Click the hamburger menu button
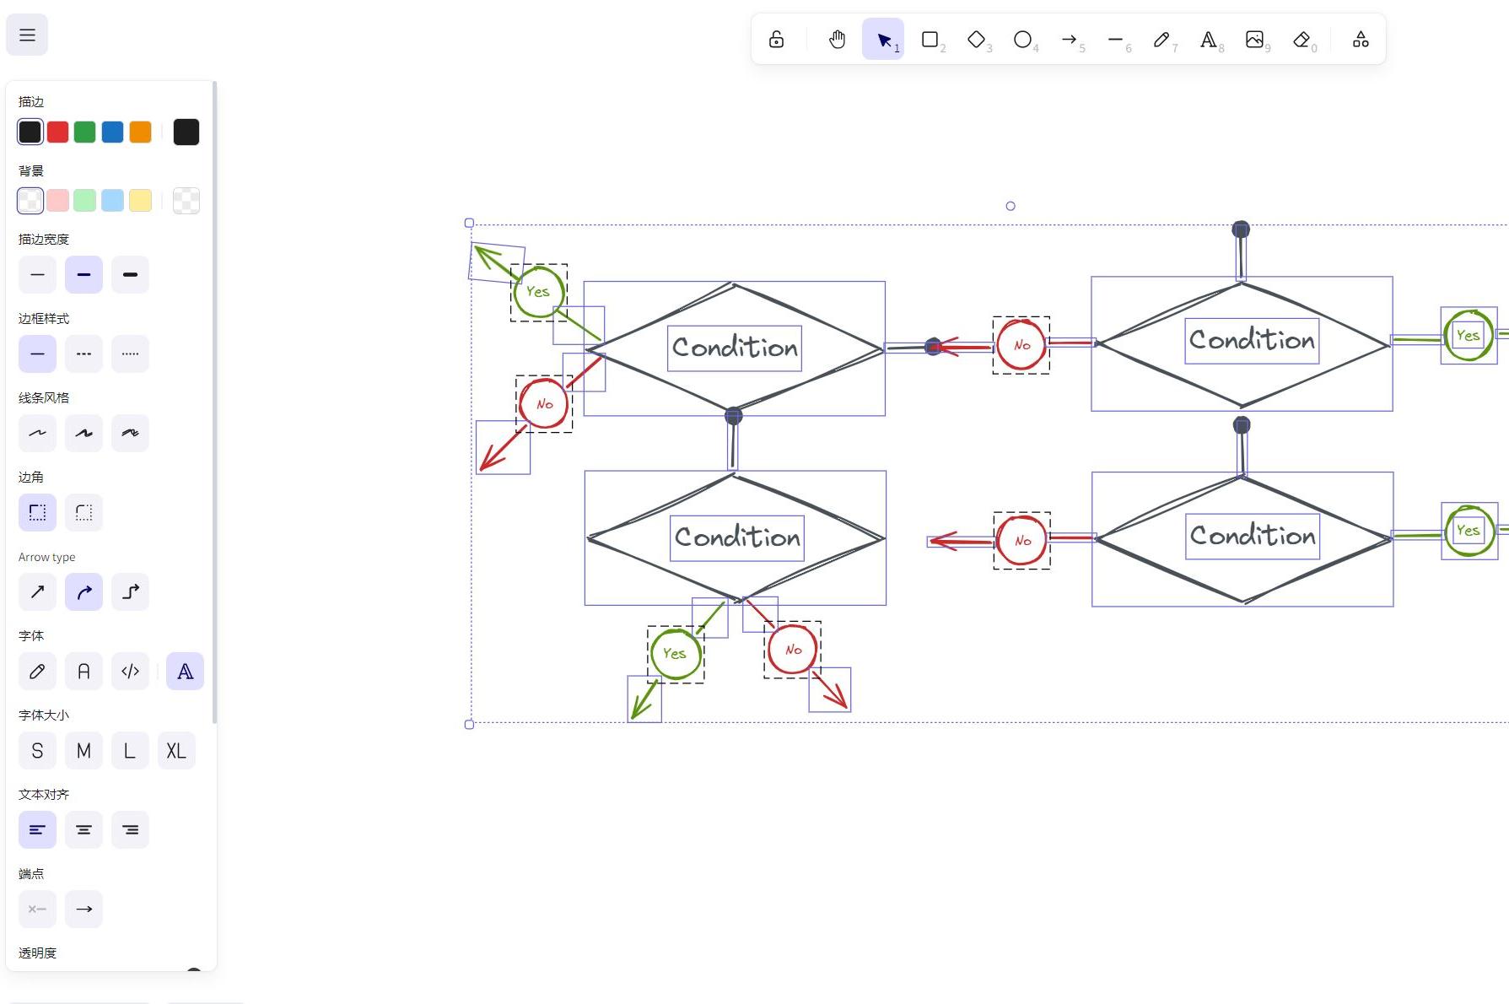tap(27, 35)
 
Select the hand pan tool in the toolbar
tap(837, 40)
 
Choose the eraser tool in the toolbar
tap(1302, 40)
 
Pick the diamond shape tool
tap(976, 40)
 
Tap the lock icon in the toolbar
tap(776, 40)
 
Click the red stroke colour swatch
tap(57, 132)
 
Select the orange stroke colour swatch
tap(140, 132)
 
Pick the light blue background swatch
tap(112, 201)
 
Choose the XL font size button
tap(176, 751)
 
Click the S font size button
tap(37, 751)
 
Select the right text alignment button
tap(130, 830)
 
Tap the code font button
tap(130, 672)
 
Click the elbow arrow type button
tap(130, 592)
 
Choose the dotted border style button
tap(130, 354)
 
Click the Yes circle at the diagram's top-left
tap(538, 292)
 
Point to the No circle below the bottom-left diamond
tap(792, 650)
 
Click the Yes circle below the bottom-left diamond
tap(676, 654)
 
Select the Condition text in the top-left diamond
tap(735, 348)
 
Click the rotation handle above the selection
tap(1010, 206)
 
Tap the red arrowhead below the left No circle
tap(491, 460)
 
